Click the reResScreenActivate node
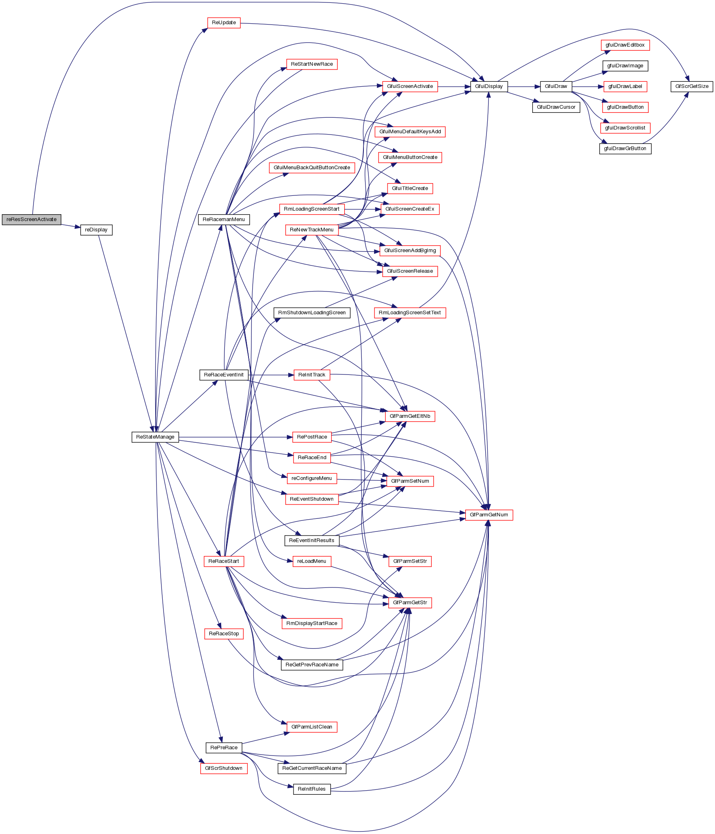pos(31,220)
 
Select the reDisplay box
pos(96,230)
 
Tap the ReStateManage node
pos(155,437)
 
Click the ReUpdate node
pos(224,23)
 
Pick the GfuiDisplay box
pos(489,87)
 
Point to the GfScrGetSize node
pos(692,87)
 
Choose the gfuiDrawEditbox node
pos(625,45)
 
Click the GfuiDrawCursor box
pos(556,107)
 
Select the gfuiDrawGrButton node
pos(625,149)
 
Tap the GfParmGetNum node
pos(489,515)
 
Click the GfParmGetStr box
pos(410,603)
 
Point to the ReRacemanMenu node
pos(224,220)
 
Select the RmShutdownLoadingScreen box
pos(312,313)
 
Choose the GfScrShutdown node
pos(224,768)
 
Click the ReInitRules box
pos(312,789)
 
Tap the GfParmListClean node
pos(312,727)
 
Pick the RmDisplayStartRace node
pos(312,623)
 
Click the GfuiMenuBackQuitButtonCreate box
pos(312,168)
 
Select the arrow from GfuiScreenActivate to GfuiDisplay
pos(454,87)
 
